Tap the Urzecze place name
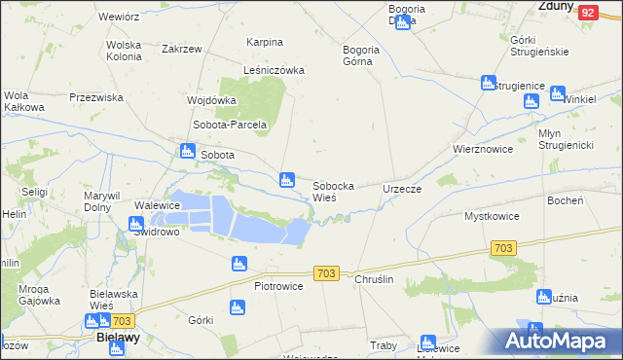coord(402,188)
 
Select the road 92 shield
coord(587,13)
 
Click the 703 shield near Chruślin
coord(326,274)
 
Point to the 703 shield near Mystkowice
coord(502,249)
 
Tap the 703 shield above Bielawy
coord(121,320)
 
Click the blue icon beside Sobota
coord(187,151)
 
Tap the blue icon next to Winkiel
coord(557,94)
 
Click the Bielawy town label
coord(119,337)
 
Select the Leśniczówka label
coord(275,70)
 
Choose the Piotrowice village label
coord(278,286)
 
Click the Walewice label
coord(158,205)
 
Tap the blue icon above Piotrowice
coord(238,264)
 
